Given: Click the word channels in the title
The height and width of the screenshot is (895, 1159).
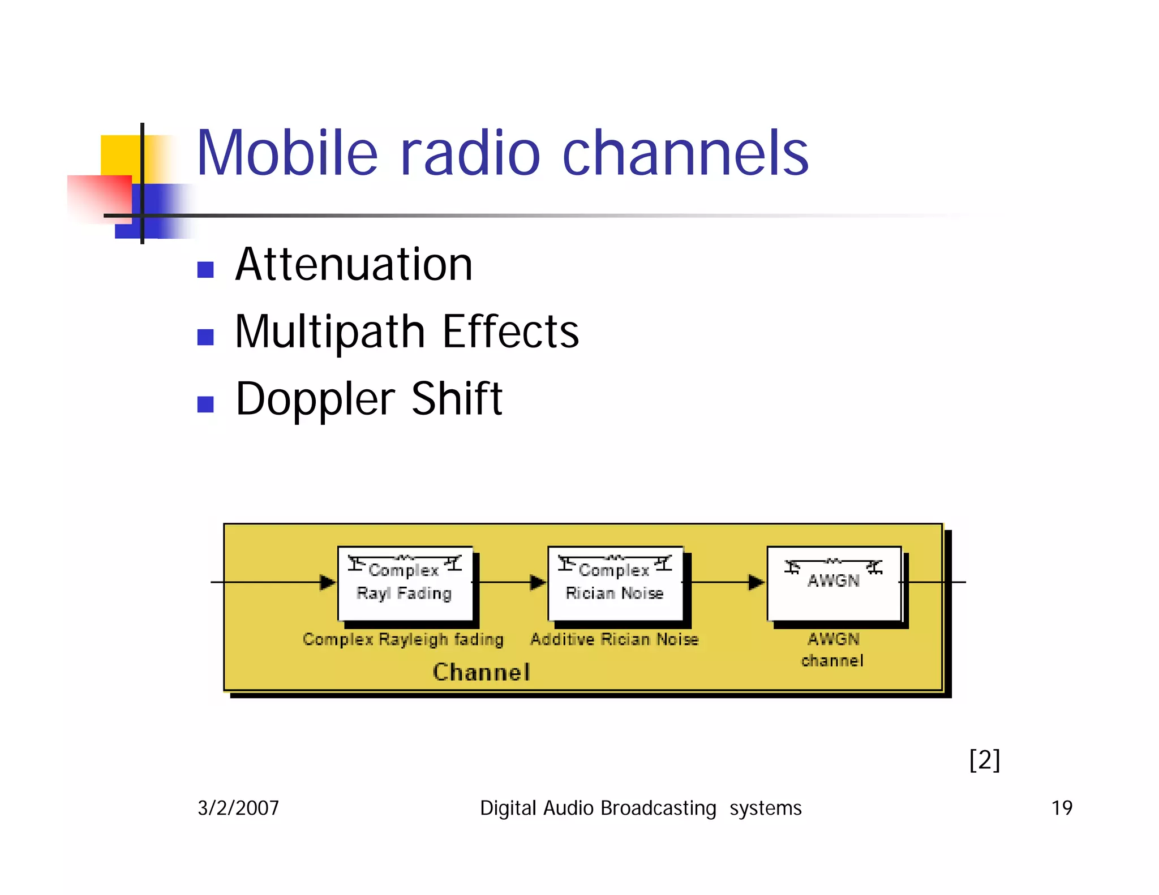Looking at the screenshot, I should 685,153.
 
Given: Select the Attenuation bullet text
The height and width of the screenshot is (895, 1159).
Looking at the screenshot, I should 354,265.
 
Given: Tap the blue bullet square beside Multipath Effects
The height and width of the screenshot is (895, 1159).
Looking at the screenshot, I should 205,337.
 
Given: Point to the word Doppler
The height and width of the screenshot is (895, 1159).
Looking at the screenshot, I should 315,399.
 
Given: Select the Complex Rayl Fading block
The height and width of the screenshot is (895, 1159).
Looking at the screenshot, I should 405,583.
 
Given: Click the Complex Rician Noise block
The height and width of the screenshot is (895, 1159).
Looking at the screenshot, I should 615,583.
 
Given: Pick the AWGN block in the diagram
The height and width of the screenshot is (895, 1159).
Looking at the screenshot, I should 834,583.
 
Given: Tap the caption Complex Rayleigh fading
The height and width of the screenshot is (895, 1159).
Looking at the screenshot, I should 403,639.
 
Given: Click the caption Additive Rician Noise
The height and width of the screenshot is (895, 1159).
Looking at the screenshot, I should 614,639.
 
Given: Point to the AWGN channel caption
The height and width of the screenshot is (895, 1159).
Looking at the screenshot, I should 832,649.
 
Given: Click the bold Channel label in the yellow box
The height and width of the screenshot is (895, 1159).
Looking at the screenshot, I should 482,672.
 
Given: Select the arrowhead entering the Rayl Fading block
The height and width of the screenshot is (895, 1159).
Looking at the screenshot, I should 327,582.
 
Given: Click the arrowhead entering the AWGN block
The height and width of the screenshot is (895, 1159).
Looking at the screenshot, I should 756,582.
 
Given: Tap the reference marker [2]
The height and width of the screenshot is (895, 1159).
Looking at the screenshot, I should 985,760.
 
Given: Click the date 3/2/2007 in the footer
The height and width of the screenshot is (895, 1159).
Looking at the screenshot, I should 238,808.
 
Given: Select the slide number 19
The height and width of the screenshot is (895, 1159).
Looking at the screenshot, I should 1062,808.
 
